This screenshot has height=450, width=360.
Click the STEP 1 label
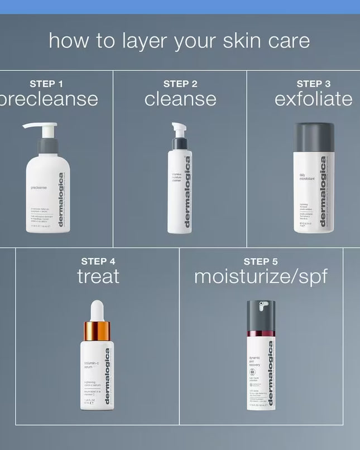[x=46, y=84]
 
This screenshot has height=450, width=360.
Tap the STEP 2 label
[x=180, y=84]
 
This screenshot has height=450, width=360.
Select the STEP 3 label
[x=314, y=84]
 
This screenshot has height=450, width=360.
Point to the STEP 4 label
[x=98, y=261]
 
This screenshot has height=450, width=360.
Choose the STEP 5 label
[x=260, y=261]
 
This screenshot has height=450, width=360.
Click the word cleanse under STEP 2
[x=180, y=99]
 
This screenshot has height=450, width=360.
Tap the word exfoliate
[x=313, y=99]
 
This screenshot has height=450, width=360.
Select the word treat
[x=98, y=276]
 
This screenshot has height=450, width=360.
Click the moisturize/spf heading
[x=260, y=276]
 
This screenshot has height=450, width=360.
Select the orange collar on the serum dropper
[x=97, y=331]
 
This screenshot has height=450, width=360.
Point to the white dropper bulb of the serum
[x=98, y=311]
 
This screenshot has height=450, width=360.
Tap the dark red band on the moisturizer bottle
[x=261, y=333]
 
